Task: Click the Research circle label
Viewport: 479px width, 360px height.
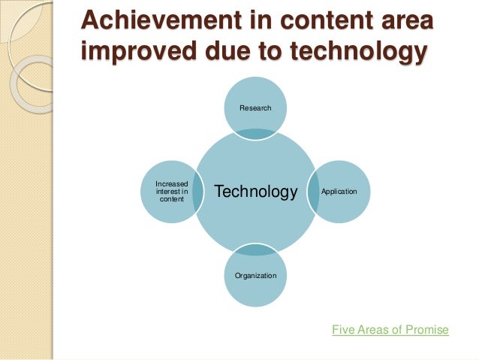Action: point(255,109)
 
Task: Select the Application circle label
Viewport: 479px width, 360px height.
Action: point(339,192)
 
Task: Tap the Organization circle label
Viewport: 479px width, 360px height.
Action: point(255,276)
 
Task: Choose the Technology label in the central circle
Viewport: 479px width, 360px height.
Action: point(256,192)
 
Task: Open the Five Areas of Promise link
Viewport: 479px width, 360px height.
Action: point(390,329)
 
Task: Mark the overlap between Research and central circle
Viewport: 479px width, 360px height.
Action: point(255,134)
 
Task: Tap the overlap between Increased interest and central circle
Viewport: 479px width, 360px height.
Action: point(197,192)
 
